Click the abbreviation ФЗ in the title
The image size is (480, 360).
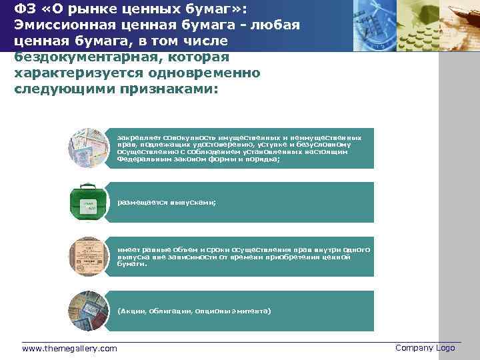(x=24, y=9)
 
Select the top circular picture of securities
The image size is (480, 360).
(x=88, y=147)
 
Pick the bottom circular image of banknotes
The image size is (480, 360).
(x=88, y=311)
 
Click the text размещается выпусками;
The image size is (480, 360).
(x=167, y=203)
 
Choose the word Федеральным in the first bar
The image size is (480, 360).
(x=139, y=160)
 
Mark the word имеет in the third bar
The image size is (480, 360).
(x=127, y=249)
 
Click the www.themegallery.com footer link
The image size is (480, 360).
(x=69, y=349)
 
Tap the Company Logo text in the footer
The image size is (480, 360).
(x=425, y=348)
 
